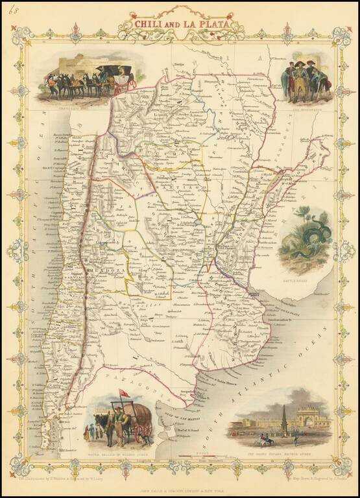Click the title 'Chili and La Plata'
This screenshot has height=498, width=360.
[x=180, y=23]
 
